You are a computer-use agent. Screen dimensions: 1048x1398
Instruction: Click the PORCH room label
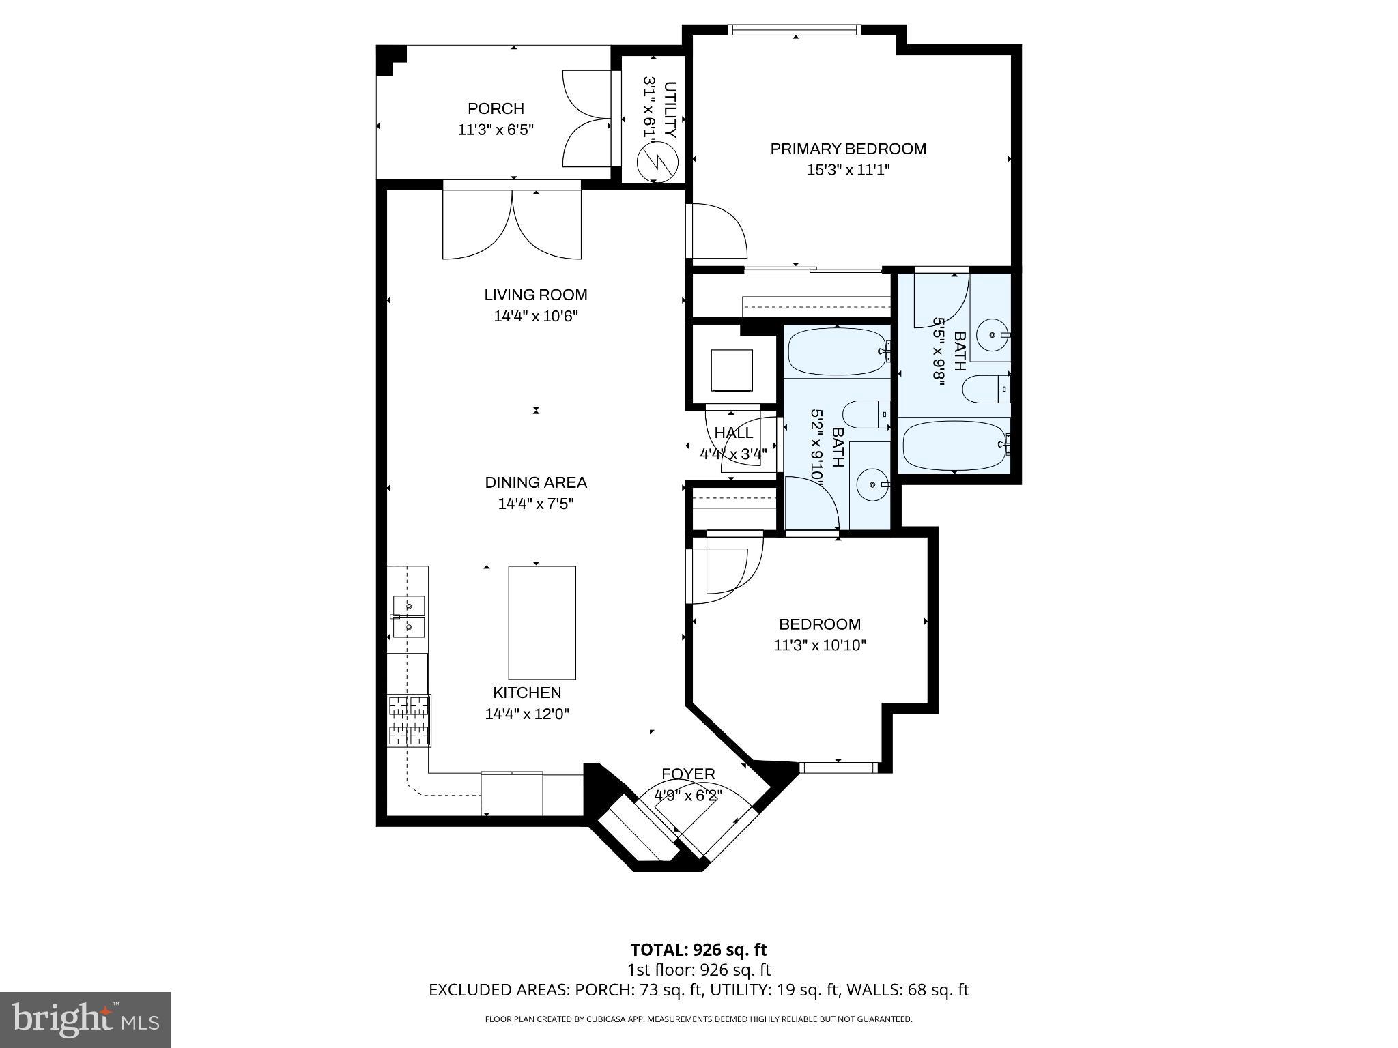click(x=496, y=108)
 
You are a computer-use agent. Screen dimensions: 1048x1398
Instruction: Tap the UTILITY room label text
click(x=670, y=109)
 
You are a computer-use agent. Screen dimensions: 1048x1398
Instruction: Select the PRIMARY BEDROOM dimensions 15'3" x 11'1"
click(x=848, y=170)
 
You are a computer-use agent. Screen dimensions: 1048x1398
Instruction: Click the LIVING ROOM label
click(x=536, y=295)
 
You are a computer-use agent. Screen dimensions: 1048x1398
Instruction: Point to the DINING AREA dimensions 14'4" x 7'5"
click(x=536, y=504)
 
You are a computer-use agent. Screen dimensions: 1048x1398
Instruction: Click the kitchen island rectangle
click(x=542, y=622)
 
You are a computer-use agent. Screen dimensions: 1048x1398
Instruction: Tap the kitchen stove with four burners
click(x=409, y=720)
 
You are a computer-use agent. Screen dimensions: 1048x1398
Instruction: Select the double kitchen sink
click(x=409, y=616)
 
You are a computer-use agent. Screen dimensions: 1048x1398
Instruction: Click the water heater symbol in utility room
click(x=656, y=162)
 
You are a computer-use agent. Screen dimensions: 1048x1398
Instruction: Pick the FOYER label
click(x=688, y=774)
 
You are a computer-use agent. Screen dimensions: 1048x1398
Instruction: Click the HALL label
click(x=734, y=433)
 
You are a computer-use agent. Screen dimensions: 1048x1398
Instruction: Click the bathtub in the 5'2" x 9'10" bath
click(x=837, y=351)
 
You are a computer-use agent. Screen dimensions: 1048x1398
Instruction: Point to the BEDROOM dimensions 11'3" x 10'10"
click(x=820, y=645)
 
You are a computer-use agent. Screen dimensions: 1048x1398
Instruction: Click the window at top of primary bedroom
click(x=795, y=30)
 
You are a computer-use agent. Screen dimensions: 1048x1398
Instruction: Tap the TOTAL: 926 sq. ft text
click(x=698, y=950)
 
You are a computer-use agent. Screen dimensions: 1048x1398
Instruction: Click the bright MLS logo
click(x=85, y=1020)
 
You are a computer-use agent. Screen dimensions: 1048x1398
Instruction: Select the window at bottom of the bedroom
click(x=838, y=768)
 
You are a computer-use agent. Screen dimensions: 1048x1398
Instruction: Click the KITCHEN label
click(x=527, y=693)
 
